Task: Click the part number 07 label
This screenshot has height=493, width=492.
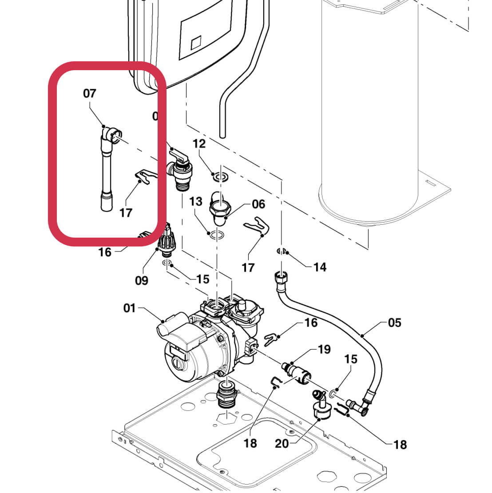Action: coord(89,93)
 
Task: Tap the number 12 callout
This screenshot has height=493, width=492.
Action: coord(199,143)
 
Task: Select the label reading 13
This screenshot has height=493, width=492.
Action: coord(196,202)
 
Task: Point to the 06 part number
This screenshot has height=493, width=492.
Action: coord(258,204)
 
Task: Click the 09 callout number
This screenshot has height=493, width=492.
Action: coord(142,281)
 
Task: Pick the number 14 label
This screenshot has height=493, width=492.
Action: coord(320,267)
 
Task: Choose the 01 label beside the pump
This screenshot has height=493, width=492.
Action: coord(129,308)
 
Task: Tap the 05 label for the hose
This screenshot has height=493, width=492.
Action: coord(394,322)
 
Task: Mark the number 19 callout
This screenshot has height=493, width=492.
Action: coord(324,349)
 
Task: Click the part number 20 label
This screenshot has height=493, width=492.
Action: coord(282,443)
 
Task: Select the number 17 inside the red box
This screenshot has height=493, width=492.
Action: coord(126,213)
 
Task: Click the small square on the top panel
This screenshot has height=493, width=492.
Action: coord(196,44)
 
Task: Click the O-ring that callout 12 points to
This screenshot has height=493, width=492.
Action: coord(220,177)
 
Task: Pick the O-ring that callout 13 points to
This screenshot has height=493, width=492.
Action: coord(217,235)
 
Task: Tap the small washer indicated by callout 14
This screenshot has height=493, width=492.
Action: coord(281,252)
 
